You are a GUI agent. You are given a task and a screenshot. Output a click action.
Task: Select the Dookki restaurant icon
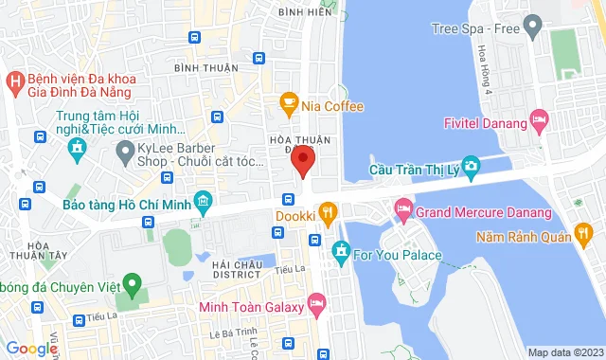328,214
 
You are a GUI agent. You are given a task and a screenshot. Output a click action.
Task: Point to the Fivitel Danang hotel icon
539,120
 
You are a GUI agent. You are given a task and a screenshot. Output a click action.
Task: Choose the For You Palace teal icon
341,254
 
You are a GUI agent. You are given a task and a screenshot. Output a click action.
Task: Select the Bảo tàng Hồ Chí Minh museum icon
202,203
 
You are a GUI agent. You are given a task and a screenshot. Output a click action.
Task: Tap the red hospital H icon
14,82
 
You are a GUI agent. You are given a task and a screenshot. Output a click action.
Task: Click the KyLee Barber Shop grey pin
123,151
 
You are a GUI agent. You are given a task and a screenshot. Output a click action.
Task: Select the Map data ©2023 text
564,352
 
